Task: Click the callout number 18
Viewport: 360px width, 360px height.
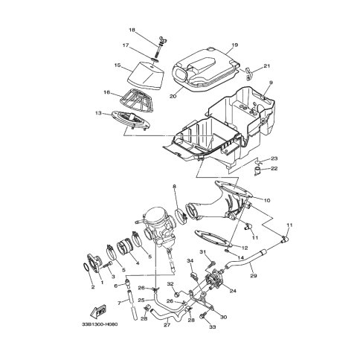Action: pyautogui.click(x=132, y=30)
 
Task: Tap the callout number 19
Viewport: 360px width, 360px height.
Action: pyautogui.click(x=235, y=45)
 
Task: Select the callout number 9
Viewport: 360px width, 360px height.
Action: pyautogui.click(x=271, y=83)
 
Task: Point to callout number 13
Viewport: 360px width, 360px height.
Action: pyautogui.click(x=98, y=113)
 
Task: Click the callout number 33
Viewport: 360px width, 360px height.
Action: pyautogui.click(x=213, y=327)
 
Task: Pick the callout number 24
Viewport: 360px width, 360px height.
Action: pyautogui.click(x=233, y=291)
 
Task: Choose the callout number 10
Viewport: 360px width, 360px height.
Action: pyautogui.click(x=267, y=200)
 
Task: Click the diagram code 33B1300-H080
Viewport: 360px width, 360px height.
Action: pyautogui.click(x=100, y=324)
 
